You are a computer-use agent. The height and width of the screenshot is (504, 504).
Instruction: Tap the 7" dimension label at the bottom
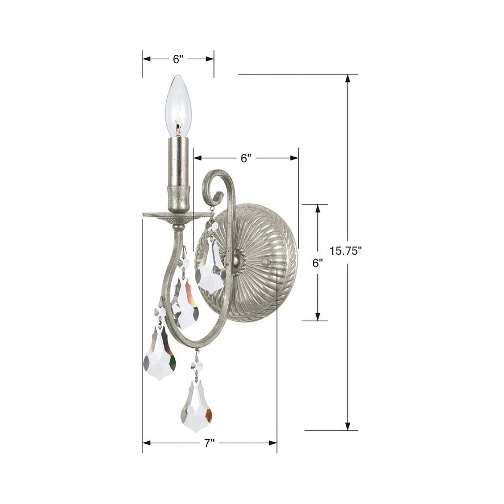[209, 443]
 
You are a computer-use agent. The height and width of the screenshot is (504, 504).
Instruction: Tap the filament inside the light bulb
[178, 124]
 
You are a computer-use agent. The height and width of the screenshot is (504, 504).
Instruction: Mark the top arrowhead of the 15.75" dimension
[347, 78]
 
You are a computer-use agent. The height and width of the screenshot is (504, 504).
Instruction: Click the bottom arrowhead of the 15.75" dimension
[347, 426]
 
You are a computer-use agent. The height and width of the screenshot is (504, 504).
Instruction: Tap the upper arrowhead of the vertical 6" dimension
[317, 209]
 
